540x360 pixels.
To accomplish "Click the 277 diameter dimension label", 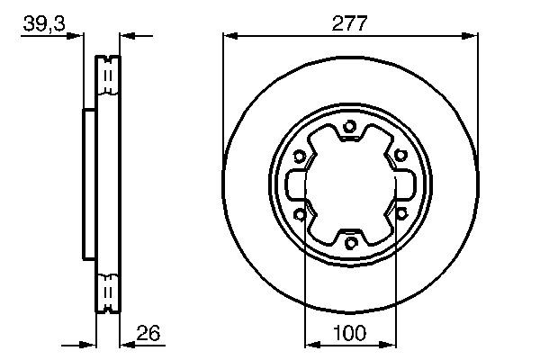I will tap(350, 24).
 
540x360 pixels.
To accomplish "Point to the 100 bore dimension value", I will tap(350, 333).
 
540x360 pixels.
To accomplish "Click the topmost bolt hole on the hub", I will tap(350, 126).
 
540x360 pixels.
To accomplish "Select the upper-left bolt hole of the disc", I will tap(300, 156).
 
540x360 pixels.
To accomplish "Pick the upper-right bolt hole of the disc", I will tap(400, 156).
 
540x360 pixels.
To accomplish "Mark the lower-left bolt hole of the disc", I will tap(300, 213).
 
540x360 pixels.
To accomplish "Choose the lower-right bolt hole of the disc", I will tap(400, 213).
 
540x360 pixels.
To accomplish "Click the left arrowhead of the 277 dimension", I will tap(229, 36).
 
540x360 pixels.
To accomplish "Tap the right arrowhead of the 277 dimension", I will tap(471, 36).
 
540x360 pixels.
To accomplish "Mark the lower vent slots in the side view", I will tap(108, 290).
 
